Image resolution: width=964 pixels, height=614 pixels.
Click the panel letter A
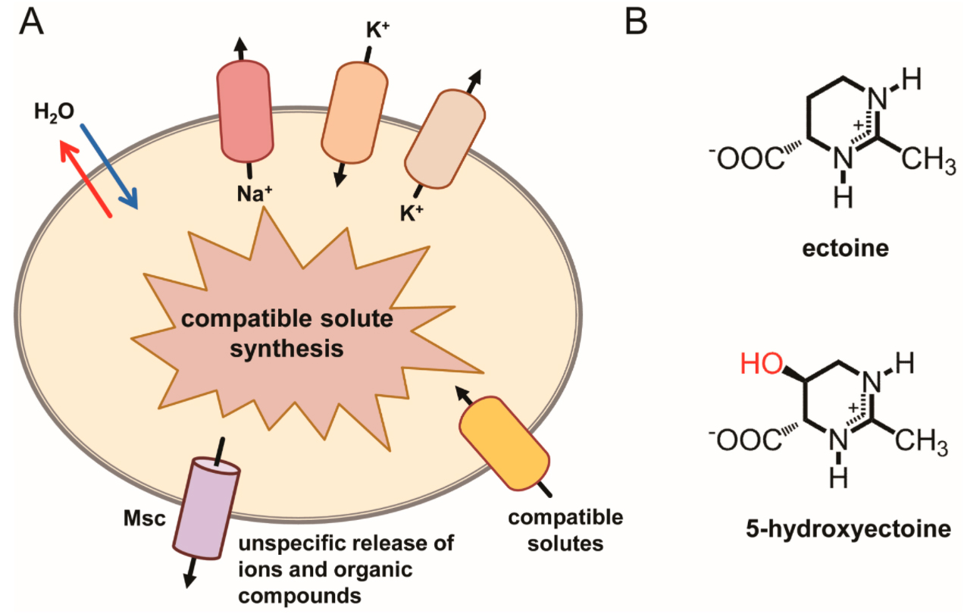pyautogui.click(x=31, y=22)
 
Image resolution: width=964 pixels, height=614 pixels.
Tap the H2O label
pyautogui.click(x=54, y=111)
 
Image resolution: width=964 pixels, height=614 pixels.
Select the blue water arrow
pyautogui.click(x=108, y=164)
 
